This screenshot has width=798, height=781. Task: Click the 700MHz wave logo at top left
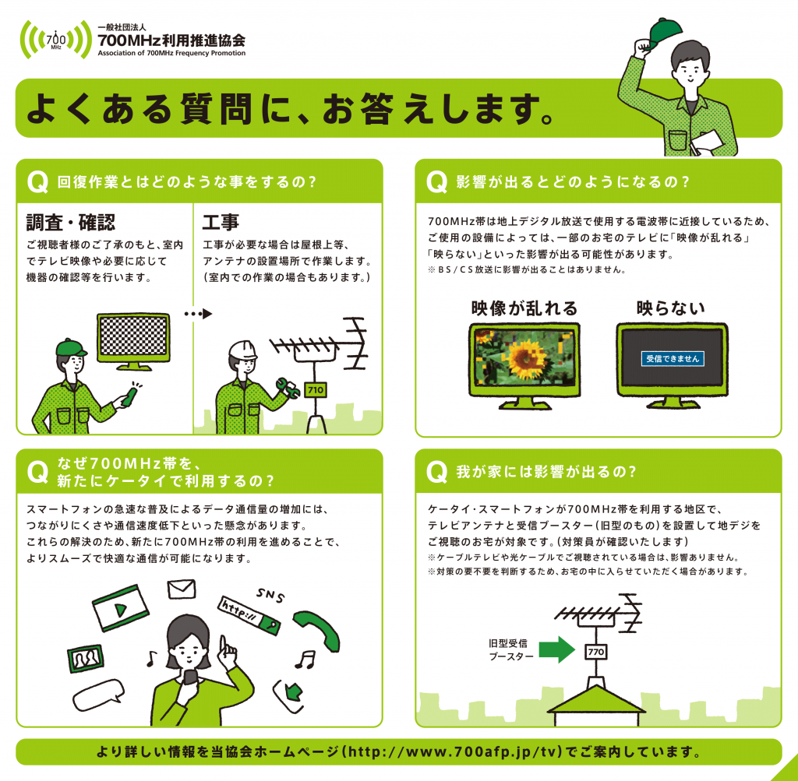56,40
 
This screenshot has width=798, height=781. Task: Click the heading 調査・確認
71,222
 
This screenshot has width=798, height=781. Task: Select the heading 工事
221,222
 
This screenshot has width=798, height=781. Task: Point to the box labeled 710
316,390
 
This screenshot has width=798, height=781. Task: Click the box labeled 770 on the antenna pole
596,652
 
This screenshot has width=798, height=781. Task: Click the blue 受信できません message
673,358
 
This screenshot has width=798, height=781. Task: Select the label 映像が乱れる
524,308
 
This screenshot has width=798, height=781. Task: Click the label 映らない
671,308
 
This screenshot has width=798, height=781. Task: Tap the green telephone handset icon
316,630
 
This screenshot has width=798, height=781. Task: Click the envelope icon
182,589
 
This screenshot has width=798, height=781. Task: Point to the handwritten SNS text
270,595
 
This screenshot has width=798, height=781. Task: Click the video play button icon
121,608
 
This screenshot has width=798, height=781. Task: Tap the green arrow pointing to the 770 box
556,649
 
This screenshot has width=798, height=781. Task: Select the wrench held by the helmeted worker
288,388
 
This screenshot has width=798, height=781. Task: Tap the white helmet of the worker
242,350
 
